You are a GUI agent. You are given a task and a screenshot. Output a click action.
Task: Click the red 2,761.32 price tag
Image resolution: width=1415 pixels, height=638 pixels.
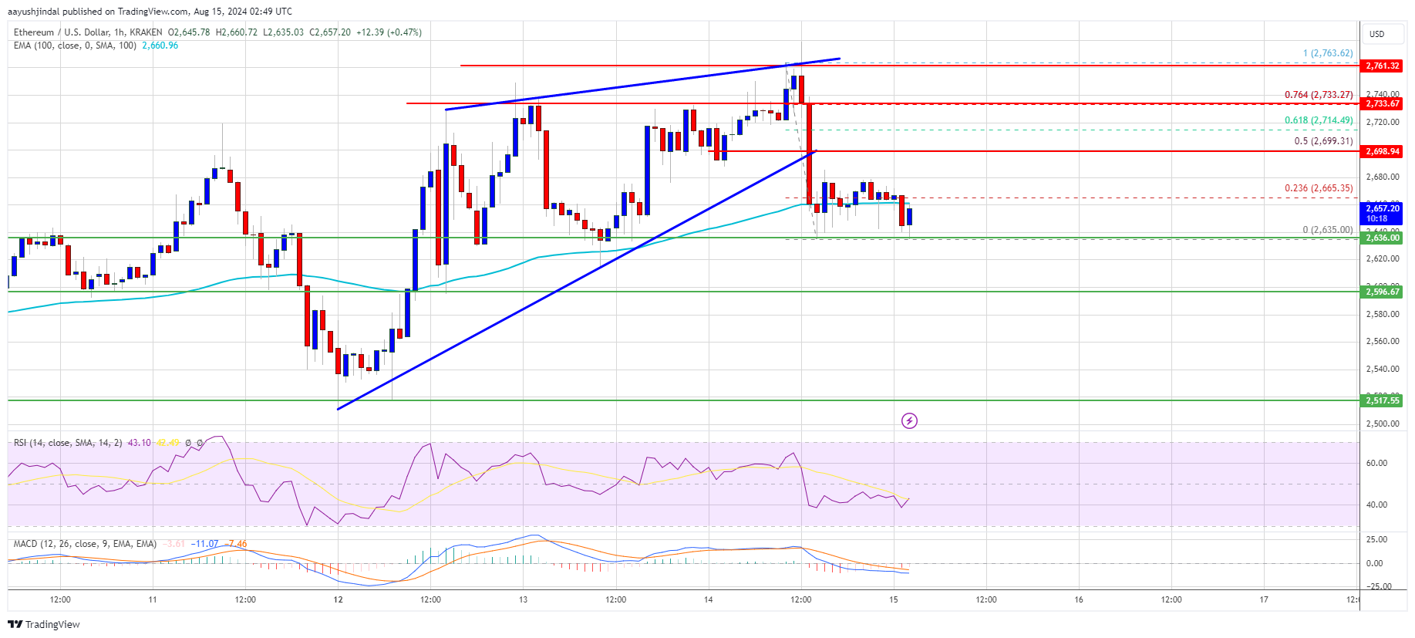click(1382, 66)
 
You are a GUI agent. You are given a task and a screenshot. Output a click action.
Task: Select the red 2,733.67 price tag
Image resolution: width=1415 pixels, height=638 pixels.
click(1382, 103)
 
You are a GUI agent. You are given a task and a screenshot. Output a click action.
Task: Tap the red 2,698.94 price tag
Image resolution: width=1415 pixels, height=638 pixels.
click(1382, 151)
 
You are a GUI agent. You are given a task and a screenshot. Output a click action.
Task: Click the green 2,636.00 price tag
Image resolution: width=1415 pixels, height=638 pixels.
click(1382, 238)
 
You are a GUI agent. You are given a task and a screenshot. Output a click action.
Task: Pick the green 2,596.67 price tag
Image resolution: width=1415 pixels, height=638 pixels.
click(1382, 292)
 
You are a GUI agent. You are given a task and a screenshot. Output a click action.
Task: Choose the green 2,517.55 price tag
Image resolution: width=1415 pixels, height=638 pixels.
click(1382, 400)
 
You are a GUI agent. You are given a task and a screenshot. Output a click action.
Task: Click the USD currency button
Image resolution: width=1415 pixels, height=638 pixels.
click(1377, 34)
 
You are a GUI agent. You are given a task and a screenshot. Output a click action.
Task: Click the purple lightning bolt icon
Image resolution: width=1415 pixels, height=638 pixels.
click(910, 420)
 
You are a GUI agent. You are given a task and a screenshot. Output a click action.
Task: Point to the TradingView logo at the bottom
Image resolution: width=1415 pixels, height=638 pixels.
click(45, 624)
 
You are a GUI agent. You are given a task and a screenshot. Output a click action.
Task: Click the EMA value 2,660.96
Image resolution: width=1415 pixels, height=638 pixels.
click(160, 46)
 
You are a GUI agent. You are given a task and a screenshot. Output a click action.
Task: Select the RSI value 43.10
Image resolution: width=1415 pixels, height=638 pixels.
click(139, 443)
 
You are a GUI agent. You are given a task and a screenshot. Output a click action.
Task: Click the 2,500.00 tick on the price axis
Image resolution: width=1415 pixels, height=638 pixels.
click(1382, 424)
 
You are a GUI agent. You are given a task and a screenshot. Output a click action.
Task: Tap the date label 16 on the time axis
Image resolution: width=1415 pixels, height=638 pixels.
click(1079, 599)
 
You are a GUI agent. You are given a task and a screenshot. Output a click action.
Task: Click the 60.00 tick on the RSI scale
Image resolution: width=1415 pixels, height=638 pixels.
click(1376, 464)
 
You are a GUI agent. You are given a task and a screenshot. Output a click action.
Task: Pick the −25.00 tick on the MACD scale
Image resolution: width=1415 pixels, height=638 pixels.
click(1378, 587)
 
